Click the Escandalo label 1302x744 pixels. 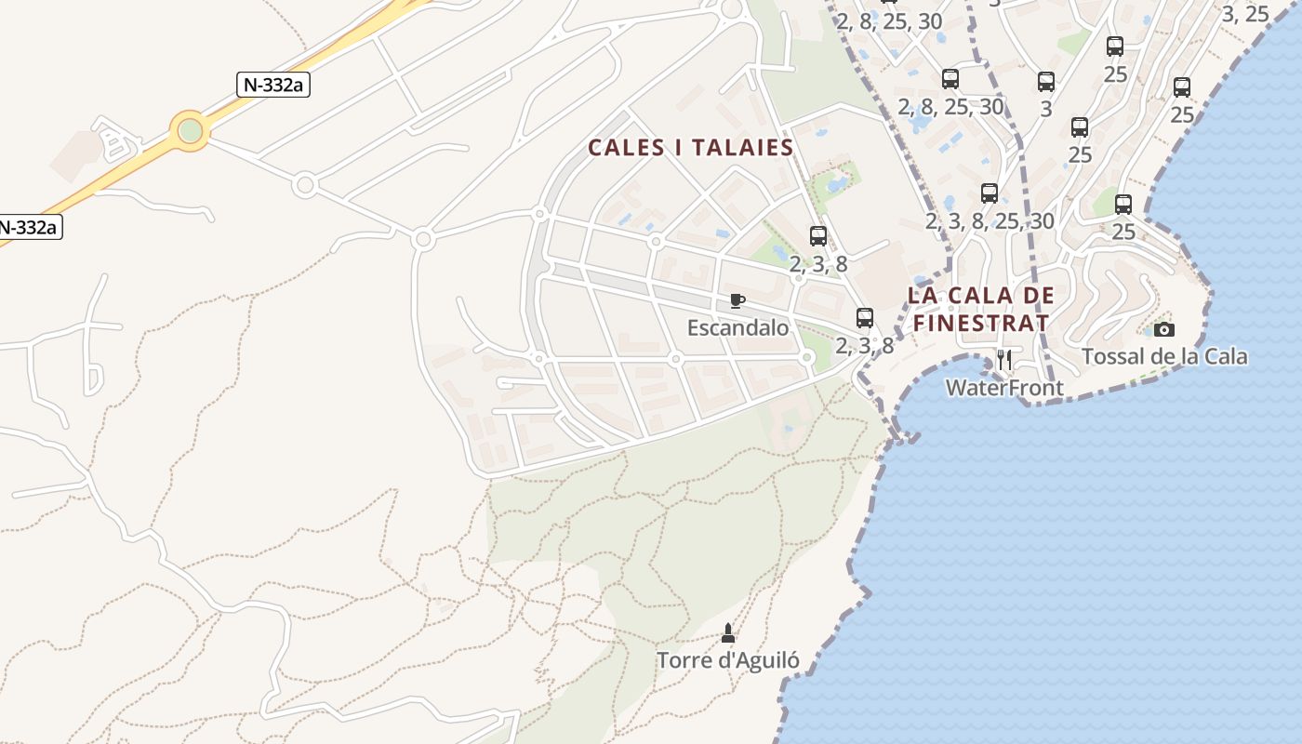pos(737,327)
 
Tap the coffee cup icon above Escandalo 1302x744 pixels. pos(737,301)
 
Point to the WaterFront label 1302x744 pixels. pos(1004,387)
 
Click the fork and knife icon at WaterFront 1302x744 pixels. pos(1004,359)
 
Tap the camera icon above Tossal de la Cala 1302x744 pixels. pos(1163,329)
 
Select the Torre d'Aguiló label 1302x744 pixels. pos(728,660)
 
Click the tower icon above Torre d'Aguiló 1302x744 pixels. pos(728,633)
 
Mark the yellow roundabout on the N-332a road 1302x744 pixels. pos(190,130)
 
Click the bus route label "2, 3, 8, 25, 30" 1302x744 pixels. pos(990,220)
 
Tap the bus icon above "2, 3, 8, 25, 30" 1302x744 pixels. pos(990,193)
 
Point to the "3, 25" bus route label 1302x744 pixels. pos(1244,14)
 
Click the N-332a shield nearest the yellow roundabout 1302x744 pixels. pos(272,85)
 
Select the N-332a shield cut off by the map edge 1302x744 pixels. pos(29,227)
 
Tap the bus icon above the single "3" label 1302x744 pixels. pos(1046,82)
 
